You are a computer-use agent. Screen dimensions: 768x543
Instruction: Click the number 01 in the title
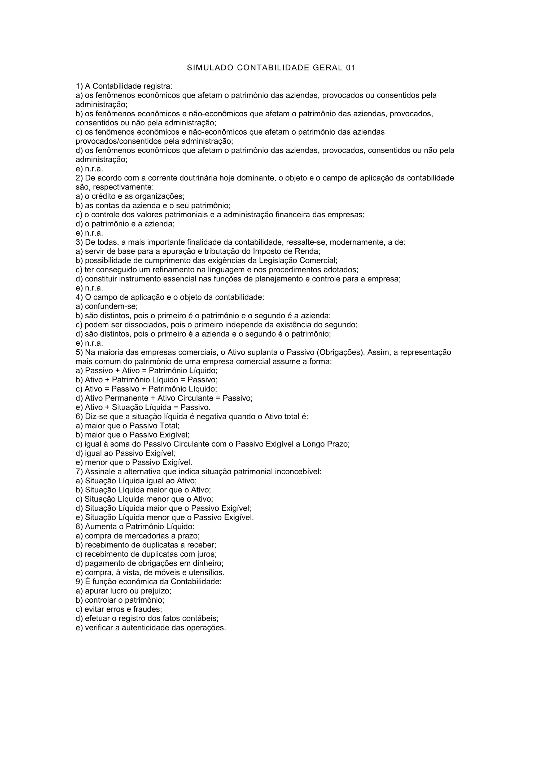point(350,68)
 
